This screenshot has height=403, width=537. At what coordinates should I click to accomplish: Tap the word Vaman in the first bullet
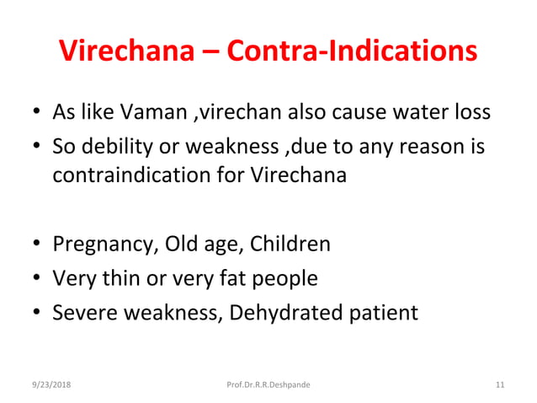pyautogui.click(x=144, y=112)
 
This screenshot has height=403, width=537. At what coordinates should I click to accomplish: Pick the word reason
pyautogui.click(x=428, y=148)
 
